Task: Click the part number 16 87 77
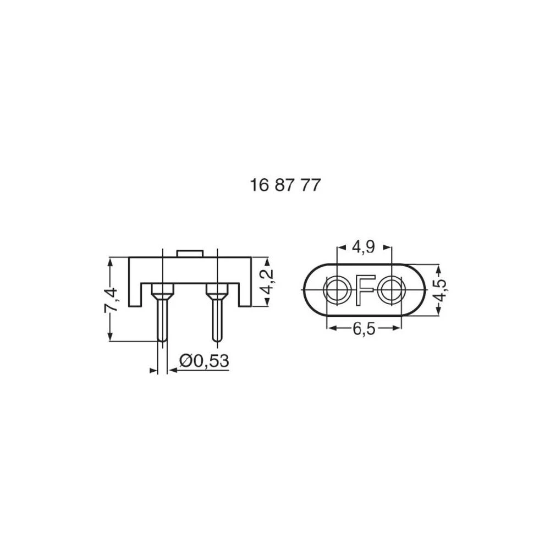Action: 284,185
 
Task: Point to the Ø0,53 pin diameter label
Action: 204,361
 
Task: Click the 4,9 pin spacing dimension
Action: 364,248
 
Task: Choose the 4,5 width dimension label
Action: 439,290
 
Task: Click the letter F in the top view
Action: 364,289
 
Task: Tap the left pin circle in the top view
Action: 336,289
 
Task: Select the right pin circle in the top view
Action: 392,289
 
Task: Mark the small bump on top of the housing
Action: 190,254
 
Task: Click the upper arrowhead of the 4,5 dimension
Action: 438,268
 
